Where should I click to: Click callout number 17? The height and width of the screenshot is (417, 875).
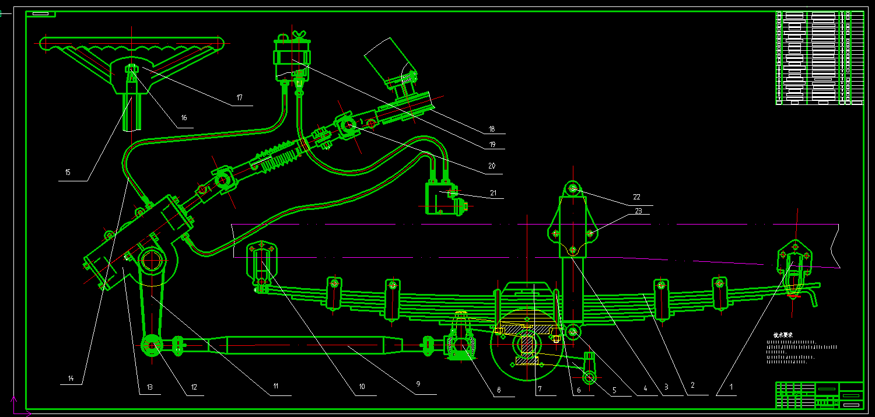click(x=240, y=97)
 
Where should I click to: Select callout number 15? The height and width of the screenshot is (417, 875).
click(x=68, y=173)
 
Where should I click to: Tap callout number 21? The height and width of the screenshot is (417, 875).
click(x=494, y=192)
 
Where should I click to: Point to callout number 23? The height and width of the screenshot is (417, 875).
click(x=638, y=211)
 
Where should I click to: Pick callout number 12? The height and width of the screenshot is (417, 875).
click(x=194, y=387)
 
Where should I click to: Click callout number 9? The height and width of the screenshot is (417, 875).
click(x=418, y=385)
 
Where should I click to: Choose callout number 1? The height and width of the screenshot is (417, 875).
click(x=717, y=386)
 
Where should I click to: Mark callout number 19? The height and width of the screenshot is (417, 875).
click(x=492, y=144)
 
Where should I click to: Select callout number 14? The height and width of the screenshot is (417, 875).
click(x=71, y=379)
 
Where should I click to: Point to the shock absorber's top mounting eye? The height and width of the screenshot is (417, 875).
click(x=573, y=188)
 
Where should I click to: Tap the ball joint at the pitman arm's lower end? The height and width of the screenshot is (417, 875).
click(x=152, y=345)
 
